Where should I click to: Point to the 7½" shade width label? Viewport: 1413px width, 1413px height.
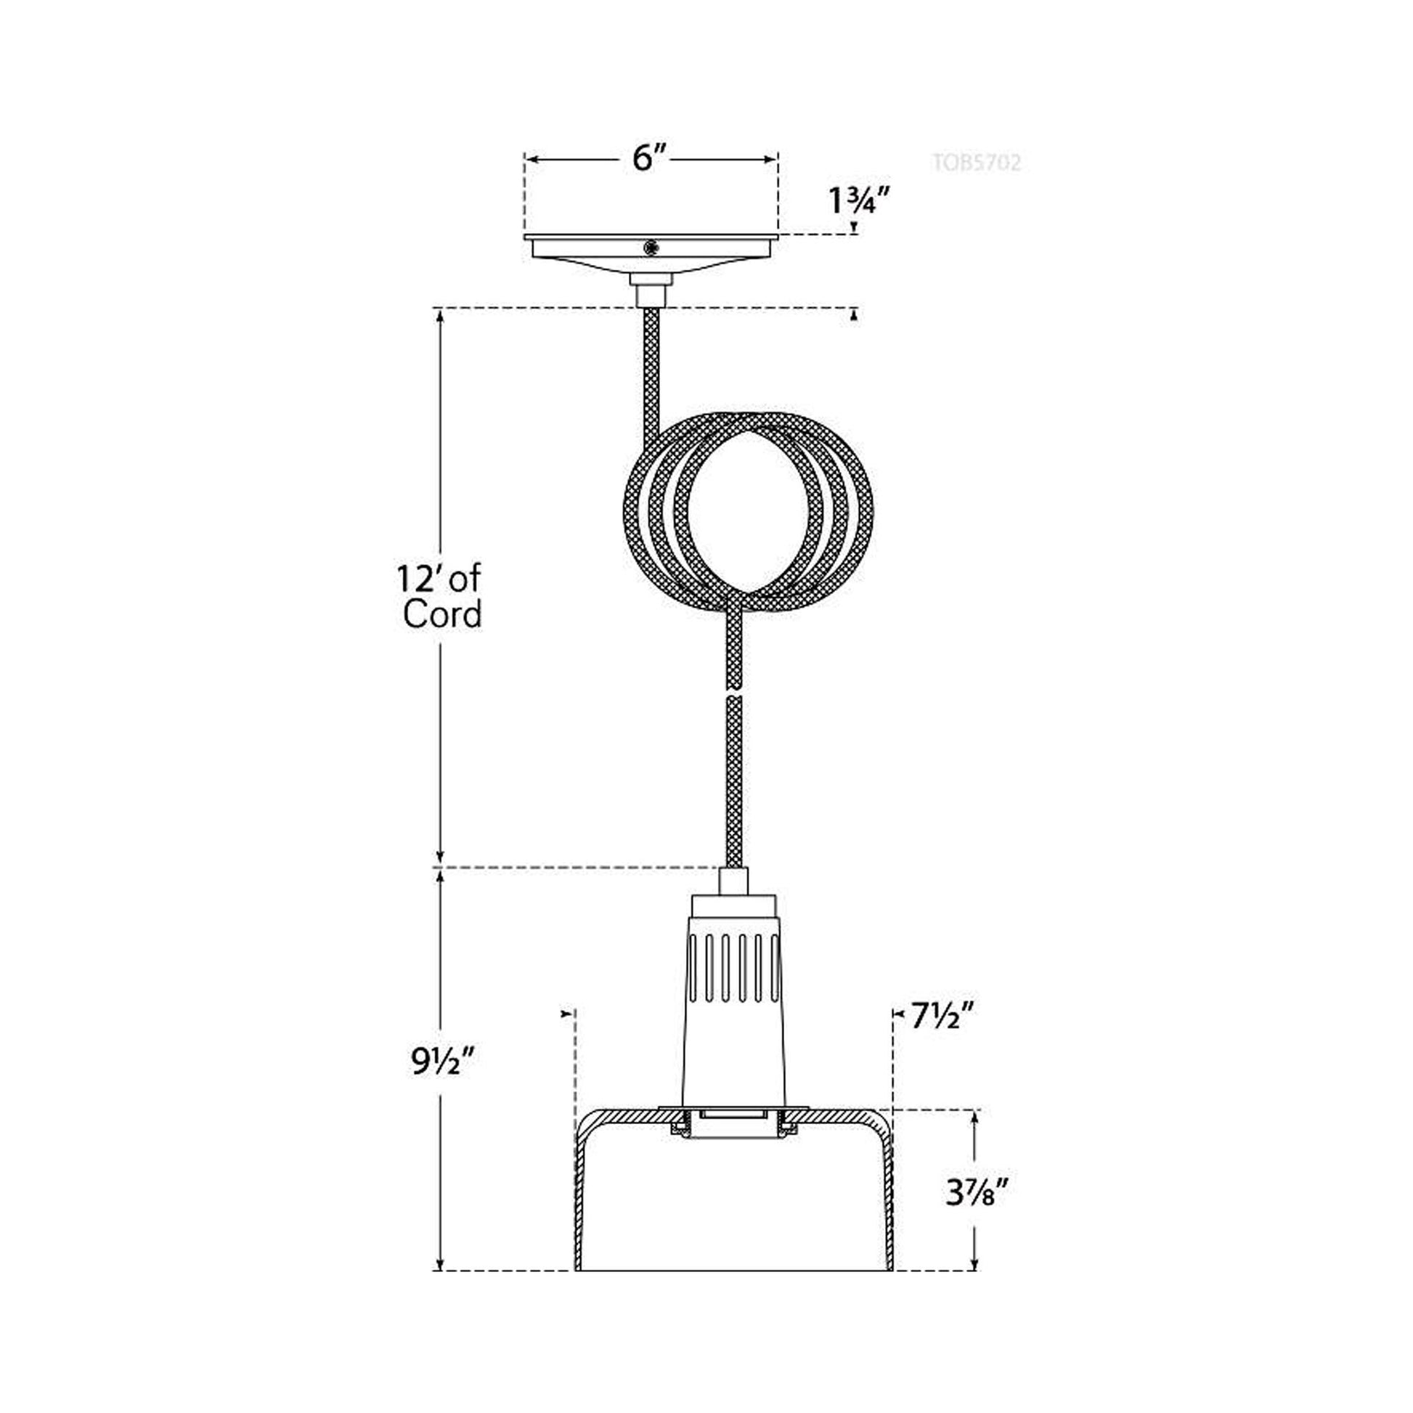point(942,1016)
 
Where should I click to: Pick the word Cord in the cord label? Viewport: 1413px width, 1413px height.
point(442,614)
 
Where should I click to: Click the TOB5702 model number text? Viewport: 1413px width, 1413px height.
point(977,162)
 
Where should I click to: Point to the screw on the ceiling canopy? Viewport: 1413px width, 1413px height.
point(649,248)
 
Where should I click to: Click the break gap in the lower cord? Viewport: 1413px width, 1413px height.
point(733,693)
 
